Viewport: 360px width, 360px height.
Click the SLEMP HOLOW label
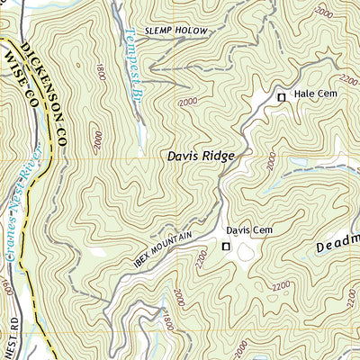[x=176, y=31]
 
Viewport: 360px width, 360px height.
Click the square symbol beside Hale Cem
[x=281, y=96]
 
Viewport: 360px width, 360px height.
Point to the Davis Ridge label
[x=200, y=156]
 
